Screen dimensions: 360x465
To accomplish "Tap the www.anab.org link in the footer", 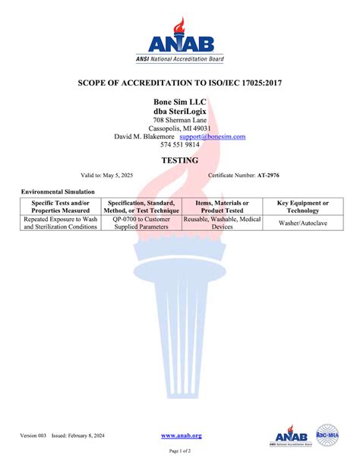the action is click(182, 435).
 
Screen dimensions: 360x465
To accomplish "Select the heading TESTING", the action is click(180, 160).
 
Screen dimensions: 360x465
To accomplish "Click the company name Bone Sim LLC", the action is click(180, 101).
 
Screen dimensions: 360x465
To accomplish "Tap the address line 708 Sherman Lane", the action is click(180, 120).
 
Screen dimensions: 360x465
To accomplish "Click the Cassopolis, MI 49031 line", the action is click(180, 128).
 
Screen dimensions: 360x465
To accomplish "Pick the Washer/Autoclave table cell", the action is click(303, 223).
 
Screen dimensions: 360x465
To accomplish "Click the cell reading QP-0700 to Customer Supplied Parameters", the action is click(141, 223).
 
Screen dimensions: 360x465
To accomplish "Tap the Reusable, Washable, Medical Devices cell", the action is click(223, 223).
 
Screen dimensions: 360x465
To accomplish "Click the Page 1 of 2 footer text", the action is click(180, 451).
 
